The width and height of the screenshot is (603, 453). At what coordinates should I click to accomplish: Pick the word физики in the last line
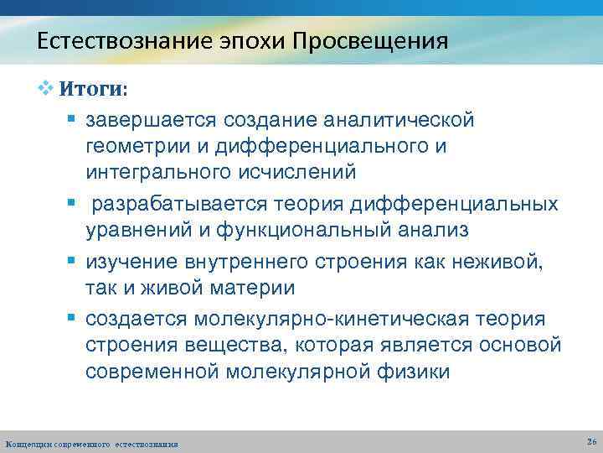(x=414, y=371)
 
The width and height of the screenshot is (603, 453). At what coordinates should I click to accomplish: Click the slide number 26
(x=591, y=441)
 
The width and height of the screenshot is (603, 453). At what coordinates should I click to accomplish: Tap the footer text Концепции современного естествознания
(x=91, y=442)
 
